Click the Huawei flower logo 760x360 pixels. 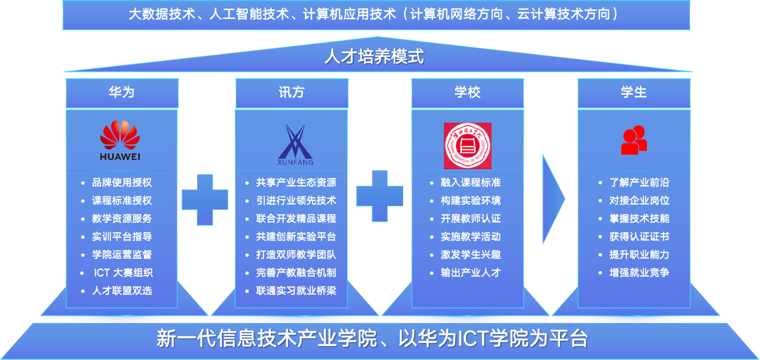[120, 136]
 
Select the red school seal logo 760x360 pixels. [467, 146]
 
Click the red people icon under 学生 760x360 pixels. [634, 140]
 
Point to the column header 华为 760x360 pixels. [122, 92]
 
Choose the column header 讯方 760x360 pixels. [292, 92]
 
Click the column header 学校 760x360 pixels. [467, 92]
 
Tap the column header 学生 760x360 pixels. [634, 92]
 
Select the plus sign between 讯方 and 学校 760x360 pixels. [379, 195]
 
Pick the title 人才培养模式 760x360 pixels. [374, 57]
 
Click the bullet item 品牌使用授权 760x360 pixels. [122, 183]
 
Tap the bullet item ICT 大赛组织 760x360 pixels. [123, 273]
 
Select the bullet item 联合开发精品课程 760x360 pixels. [296, 219]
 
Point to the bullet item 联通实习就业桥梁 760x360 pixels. [296, 291]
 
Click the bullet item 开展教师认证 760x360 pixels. [470, 219]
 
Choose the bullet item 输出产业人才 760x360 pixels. [470, 273]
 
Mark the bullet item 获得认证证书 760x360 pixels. [639, 237]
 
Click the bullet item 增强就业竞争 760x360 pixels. [639, 273]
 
